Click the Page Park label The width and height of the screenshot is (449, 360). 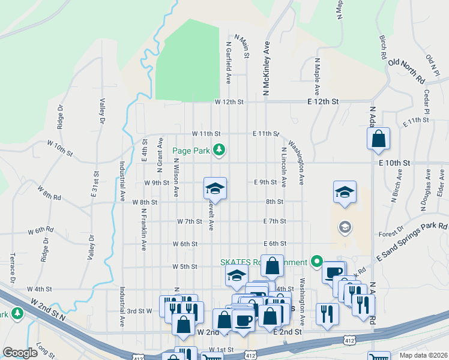[191, 151]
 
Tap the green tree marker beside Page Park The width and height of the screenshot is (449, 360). [220, 150]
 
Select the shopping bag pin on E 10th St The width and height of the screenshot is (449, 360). [379, 139]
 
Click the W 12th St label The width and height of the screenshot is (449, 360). [229, 102]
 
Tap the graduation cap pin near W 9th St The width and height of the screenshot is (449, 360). [215, 188]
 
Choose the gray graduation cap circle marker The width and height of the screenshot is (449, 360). [345, 227]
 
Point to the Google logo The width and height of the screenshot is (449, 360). [20, 353]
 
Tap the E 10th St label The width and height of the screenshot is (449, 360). [394, 163]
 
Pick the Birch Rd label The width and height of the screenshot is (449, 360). [382, 46]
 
